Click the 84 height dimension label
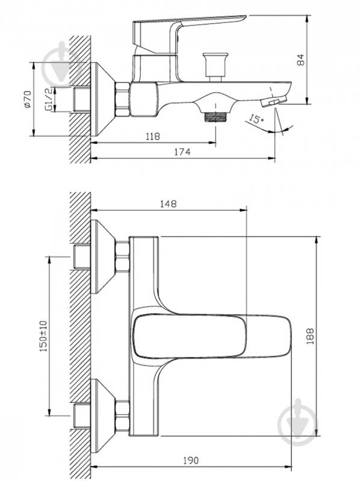(301, 60)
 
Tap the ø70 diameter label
(27, 99)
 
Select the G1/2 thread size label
(48, 99)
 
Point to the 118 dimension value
(153, 136)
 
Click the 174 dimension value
(182, 152)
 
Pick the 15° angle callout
(256, 119)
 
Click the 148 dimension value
(169, 203)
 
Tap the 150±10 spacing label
(43, 335)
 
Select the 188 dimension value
(310, 336)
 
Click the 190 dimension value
(191, 460)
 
